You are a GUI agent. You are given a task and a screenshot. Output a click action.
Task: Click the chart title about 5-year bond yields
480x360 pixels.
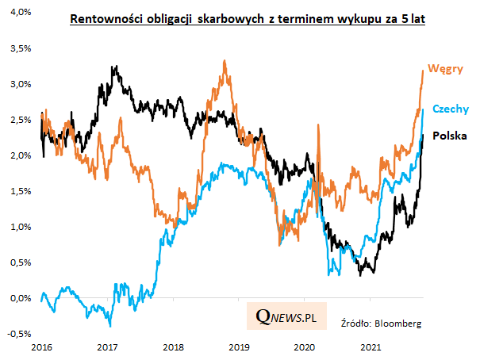[247, 21]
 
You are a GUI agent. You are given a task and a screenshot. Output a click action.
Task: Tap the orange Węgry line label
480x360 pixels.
[446, 69]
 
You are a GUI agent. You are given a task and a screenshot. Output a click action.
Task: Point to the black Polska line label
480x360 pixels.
[449, 136]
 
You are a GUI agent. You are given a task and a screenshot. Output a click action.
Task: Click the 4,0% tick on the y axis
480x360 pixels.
[20, 13]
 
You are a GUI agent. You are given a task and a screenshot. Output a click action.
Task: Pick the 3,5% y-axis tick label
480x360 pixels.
[20, 48]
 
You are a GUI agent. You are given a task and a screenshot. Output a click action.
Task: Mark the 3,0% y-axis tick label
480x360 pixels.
[20, 84]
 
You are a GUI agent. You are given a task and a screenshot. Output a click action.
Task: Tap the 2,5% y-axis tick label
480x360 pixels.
[20, 120]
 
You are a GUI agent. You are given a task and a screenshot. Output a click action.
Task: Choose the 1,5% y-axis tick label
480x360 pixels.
[20, 191]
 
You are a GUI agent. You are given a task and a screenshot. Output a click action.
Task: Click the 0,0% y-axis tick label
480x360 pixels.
[20, 298]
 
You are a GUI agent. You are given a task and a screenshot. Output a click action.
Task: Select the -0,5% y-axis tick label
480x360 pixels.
[18, 333]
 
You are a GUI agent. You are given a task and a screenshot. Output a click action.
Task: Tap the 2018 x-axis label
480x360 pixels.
[173, 347]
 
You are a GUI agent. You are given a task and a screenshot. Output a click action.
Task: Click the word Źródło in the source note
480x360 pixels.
[355, 324]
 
